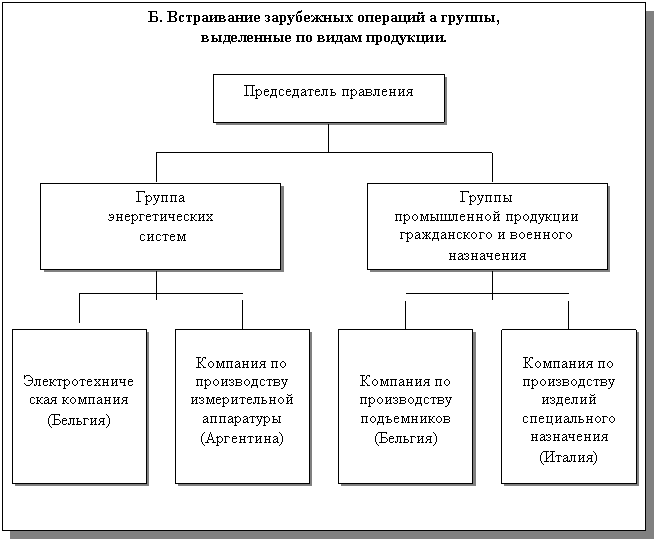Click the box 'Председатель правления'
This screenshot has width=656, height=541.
pos(328,97)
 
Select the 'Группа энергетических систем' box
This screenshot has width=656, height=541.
pos(160,225)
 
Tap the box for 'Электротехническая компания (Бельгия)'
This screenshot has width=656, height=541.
pos(80,406)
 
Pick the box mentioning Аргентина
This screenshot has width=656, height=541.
pos(242,406)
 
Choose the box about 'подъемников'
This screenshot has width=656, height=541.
pos(405,406)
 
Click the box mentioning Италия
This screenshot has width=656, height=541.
pos(568,406)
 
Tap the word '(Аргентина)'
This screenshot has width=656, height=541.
pos(242,438)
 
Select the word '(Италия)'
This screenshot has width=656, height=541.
pos(568,457)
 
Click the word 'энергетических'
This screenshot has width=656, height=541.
pos(160,217)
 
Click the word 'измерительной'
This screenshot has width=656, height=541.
pos(242,400)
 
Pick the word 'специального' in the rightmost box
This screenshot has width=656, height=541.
pos(568,419)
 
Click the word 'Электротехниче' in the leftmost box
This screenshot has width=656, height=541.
pos(80,381)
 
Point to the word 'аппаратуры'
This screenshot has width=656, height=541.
pos(242,419)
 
